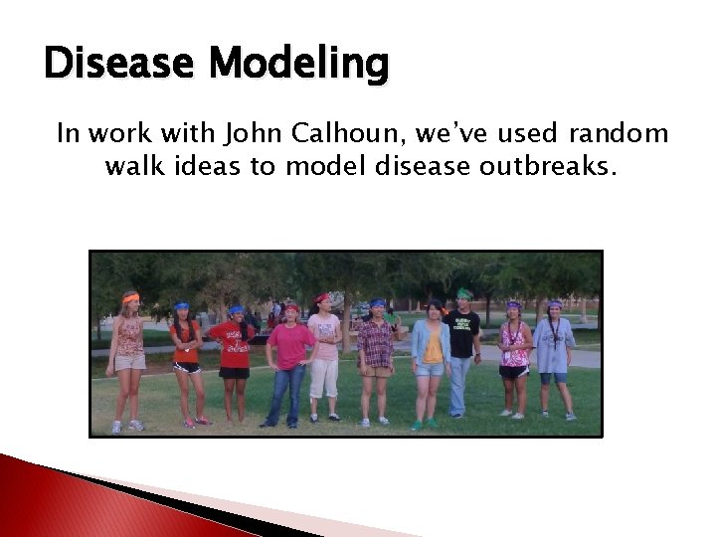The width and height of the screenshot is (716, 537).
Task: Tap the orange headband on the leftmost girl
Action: coord(131,296)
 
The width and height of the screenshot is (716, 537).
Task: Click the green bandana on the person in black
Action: coord(463,294)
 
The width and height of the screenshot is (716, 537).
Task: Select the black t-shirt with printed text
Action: coord(463,332)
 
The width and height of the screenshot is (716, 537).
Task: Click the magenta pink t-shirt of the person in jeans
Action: coord(289,345)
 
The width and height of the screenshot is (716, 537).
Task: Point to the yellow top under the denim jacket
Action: coord(433,346)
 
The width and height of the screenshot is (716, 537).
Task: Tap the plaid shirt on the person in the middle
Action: coord(375,343)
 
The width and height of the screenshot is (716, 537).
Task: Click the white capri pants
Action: coord(324,378)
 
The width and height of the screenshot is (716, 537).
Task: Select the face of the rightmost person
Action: coord(554,310)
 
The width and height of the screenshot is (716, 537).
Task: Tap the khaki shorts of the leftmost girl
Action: coord(130,362)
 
